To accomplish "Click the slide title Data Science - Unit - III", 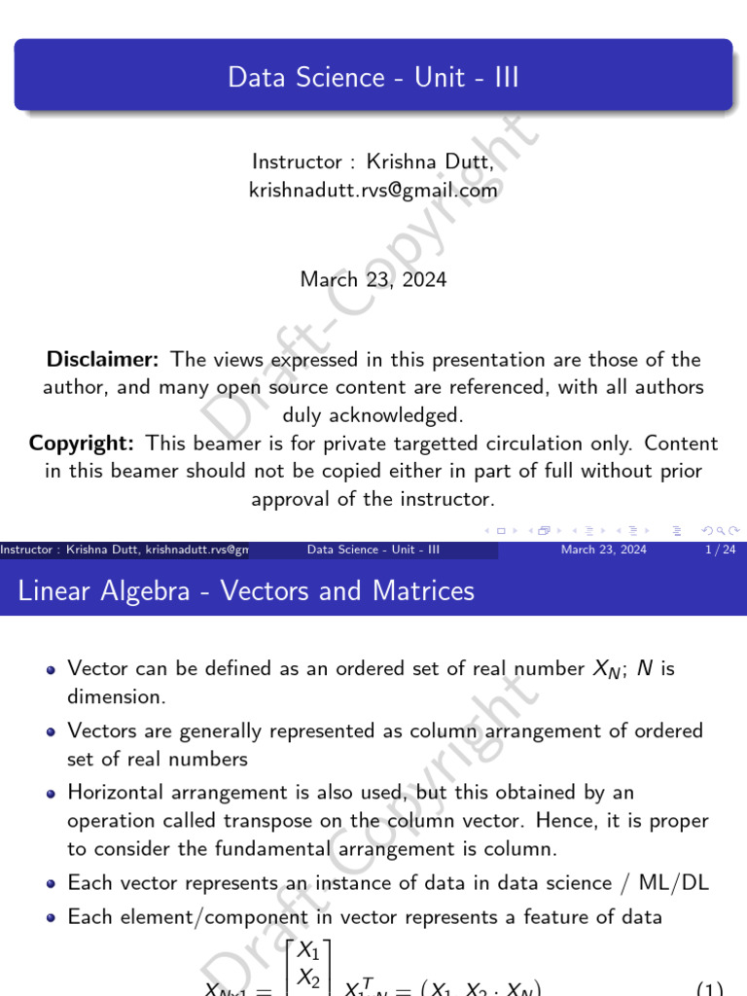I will (x=373, y=78).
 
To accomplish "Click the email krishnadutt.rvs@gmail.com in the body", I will (x=373, y=191).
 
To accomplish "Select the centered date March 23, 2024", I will (x=373, y=280).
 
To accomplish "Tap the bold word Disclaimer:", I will (x=103, y=360).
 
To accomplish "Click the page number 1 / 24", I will (x=713, y=550).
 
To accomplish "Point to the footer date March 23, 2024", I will (x=603, y=550).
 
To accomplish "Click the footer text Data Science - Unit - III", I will (x=373, y=550).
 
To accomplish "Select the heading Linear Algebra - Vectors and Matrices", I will (x=247, y=590).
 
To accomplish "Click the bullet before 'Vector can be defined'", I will (x=52, y=670).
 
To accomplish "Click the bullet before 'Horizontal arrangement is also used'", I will (x=52, y=795).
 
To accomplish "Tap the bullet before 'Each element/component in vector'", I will (x=52, y=917).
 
